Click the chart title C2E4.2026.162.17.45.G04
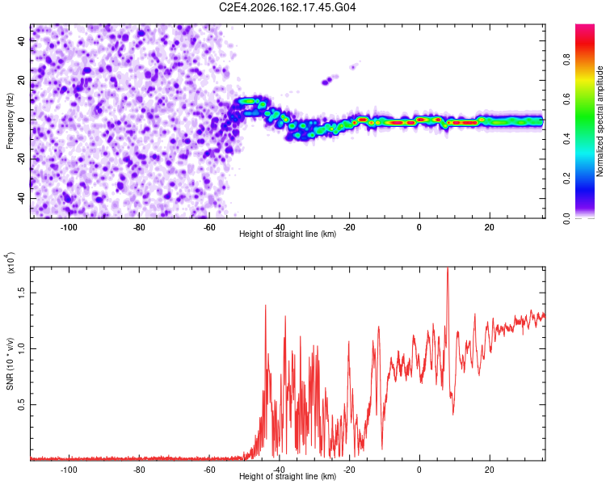(x=287, y=7)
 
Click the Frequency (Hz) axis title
(x=10, y=121)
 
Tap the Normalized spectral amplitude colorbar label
(x=600, y=121)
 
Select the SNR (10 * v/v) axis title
(x=10, y=364)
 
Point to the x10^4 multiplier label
(x=10, y=263)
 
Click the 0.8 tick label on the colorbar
(x=566, y=60)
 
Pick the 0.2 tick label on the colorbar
(x=566, y=178)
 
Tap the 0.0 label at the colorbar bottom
(x=566, y=218)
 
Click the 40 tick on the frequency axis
(x=21, y=41)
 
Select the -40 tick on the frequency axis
(x=21, y=198)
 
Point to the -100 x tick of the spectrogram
(x=69, y=227)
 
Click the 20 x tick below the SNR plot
(x=490, y=470)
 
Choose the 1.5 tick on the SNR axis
(x=21, y=293)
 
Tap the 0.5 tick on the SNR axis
(x=21, y=404)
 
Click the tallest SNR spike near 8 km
(x=448, y=268)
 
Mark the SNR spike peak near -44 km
(x=266, y=306)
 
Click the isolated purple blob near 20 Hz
(x=327, y=81)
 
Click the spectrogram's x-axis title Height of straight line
(x=288, y=234)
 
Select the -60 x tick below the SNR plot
(x=209, y=470)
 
